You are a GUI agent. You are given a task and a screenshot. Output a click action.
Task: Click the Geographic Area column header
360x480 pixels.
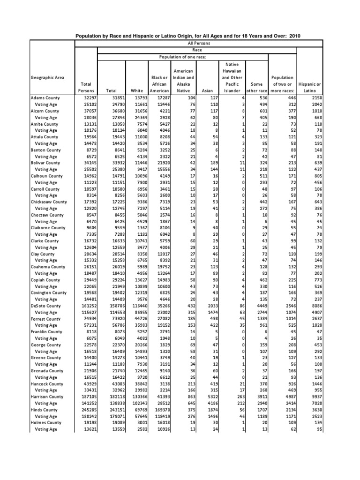coord(47,77)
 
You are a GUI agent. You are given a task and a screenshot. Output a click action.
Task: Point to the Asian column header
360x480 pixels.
coord(206,90)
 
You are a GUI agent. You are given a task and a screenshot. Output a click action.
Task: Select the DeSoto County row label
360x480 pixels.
coord(45,306)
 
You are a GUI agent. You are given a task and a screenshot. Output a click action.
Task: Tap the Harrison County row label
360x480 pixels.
coord(46,397)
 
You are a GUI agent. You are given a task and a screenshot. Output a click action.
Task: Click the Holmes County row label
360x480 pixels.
coord(45,422)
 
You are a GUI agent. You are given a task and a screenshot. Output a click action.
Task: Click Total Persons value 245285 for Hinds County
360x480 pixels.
coord(85,409)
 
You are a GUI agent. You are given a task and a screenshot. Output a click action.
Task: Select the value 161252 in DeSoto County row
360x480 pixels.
coord(85,306)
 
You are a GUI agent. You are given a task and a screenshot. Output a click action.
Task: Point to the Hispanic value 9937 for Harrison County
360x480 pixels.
coord(315,397)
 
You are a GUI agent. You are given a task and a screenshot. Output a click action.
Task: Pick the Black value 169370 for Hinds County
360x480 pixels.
coord(157,409)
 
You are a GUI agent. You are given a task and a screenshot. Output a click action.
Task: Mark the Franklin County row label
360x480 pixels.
coord(46,331)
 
